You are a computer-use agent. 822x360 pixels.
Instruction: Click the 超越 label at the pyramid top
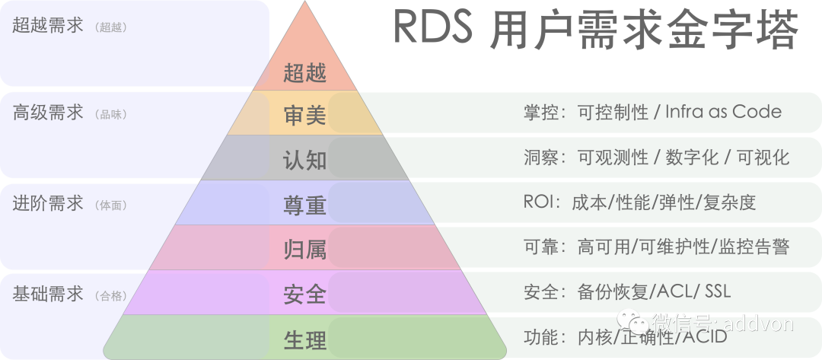tap(304, 74)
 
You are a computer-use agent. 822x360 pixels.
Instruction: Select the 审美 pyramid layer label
tap(304, 115)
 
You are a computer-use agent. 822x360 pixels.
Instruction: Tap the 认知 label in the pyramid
tap(304, 160)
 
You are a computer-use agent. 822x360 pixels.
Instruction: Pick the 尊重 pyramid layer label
tap(304, 205)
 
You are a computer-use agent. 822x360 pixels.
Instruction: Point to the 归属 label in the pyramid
tap(304, 249)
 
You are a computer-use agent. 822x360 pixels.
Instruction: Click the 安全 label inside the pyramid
tap(304, 294)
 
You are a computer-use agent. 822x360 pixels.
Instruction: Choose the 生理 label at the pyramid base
tap(304, 340)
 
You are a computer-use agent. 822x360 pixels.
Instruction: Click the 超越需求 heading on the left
tap(48, 26)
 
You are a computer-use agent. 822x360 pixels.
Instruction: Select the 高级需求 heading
tap(48, 113)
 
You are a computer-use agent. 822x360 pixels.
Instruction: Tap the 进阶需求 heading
tap(48, 204)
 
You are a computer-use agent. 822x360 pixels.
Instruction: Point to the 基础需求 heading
tap(48, 295)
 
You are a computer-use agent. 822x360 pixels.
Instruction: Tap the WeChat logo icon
tap(632, 323)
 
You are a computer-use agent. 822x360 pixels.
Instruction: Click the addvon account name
tap(758, 323)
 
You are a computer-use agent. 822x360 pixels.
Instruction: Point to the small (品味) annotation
tap(111, 115)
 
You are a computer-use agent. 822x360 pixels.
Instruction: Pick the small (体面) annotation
tap(111, 205)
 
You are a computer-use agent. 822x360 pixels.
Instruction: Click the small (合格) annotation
tap(111, 296)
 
